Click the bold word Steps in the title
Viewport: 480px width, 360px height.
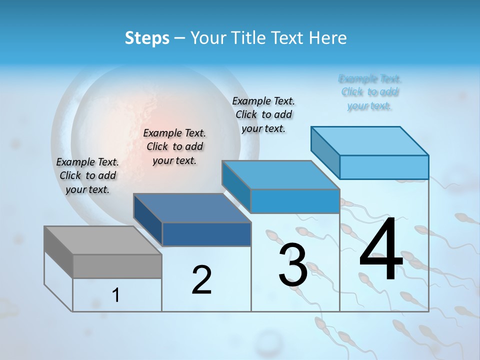(146, 38)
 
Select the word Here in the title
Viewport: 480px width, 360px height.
(328, 38)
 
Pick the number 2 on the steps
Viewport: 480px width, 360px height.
(201, 280)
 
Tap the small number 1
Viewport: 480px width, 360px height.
(115, 295)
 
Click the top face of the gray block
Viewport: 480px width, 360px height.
(102, 240)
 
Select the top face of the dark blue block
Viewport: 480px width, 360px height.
(191, 208)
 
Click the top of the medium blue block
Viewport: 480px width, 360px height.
(280, 175)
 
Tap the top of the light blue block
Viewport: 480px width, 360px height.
(369, 141)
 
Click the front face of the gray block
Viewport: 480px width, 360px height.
(117, 266)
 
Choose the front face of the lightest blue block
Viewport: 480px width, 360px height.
(384, 167)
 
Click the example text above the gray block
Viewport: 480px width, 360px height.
(87, 176)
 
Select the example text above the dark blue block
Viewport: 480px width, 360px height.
(174, 146)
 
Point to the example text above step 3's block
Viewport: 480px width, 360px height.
(263, 114)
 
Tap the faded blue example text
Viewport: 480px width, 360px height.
(369, 92)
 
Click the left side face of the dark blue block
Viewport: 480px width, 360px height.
(148, 220)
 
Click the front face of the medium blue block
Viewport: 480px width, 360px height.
(295, 201)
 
